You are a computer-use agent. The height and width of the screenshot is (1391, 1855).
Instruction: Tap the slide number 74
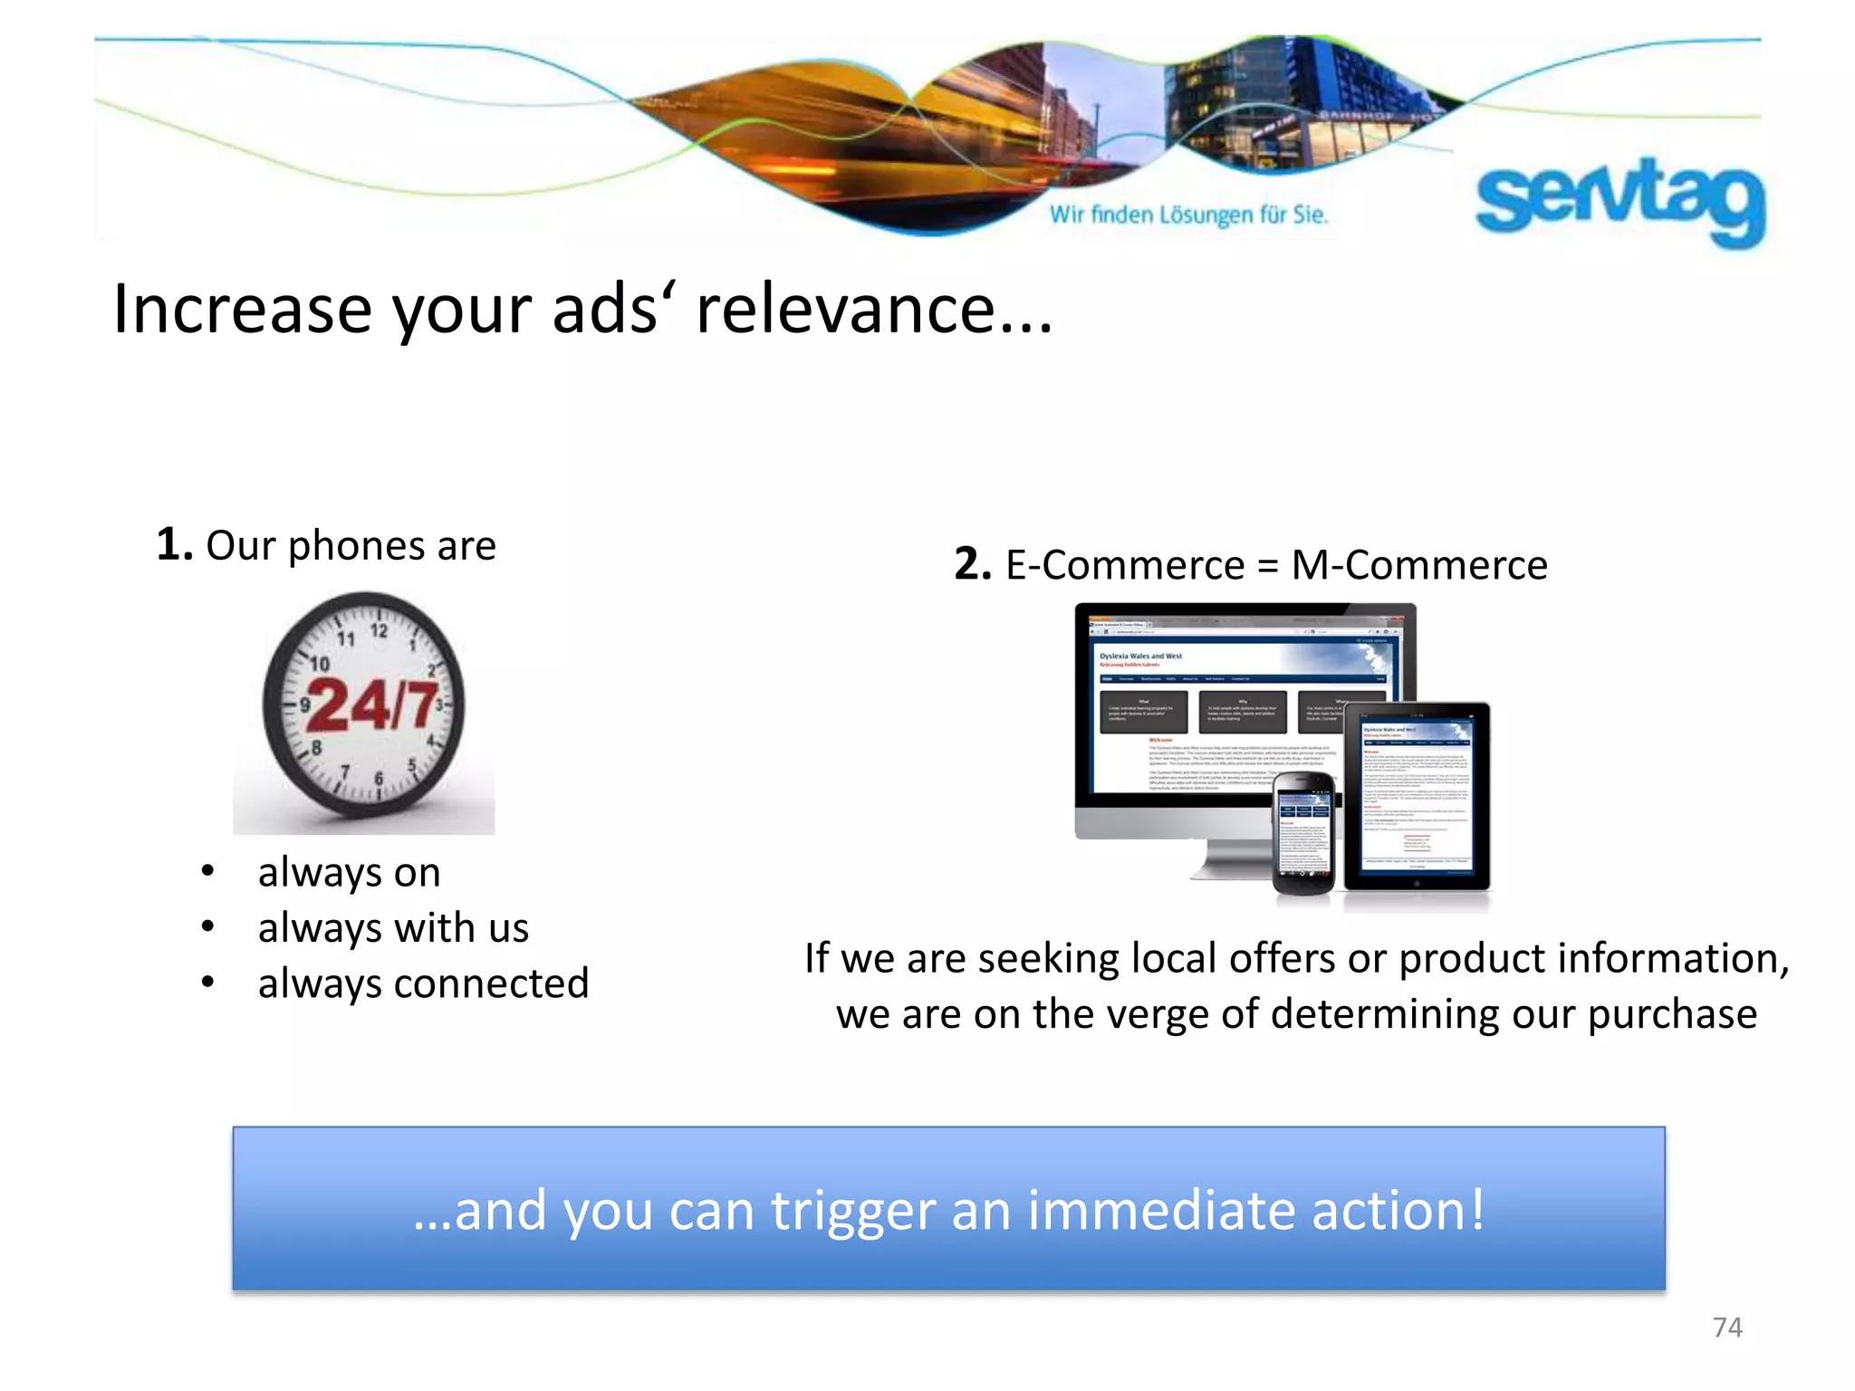pyautogui.click(x=1727, y=1327)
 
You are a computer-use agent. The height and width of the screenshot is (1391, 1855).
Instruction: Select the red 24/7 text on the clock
pyautogui.click(x=372, y=705)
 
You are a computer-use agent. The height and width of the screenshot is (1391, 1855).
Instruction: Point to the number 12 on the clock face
pyautogui.click(x=379, y=630)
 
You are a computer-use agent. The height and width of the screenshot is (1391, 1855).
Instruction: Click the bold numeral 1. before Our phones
pyautogui.click(x=174, y=544)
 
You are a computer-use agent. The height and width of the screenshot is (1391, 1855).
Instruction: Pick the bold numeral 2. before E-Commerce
pyautogui.click(x=973, y=564)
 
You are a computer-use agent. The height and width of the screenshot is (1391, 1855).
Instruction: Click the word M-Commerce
pyautogui.click(x=1419, y=565)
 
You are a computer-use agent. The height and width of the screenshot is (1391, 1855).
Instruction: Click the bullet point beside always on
pyautogui.click(x=208, y=871)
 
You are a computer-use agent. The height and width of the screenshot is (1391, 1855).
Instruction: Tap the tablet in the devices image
pyautogui.click(x=1418, y=797)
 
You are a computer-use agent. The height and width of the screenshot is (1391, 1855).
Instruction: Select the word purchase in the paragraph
pyautogui.click(x=1672, y=1013)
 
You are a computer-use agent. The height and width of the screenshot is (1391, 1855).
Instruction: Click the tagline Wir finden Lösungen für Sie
pyautogui.click(x=1188, y=215)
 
